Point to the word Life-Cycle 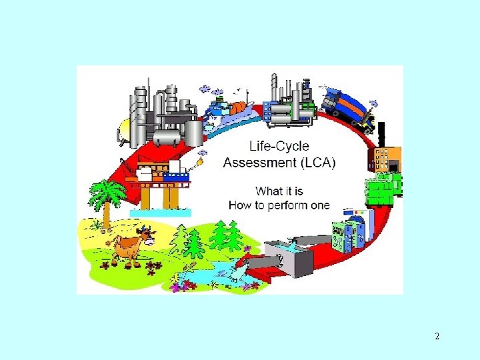(x=279, y=145)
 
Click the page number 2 (x=437, y=336)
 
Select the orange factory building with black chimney (x=383, y=159)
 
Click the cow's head (x=146, y=234)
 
